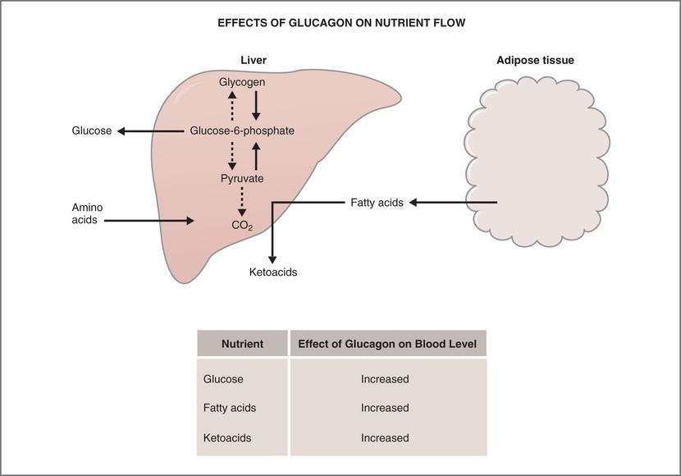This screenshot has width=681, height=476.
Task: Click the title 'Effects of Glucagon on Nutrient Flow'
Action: (341, 23)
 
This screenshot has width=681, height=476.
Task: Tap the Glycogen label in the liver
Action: (242, 82)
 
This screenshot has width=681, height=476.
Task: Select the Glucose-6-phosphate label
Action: (242, 130)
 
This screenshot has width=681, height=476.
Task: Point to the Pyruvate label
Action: (242, 178)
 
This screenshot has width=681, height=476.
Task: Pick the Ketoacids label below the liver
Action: (273, 272)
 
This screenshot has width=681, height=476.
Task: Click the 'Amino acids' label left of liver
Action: (88, 214)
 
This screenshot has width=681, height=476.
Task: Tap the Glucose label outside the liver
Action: (92, 130)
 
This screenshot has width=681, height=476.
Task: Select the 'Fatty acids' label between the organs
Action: (377, 203)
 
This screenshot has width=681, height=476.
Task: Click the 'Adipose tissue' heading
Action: (535, 61)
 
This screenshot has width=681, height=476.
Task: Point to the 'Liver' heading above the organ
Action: (254, 61)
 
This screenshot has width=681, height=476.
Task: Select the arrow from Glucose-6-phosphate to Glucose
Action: (152, 130)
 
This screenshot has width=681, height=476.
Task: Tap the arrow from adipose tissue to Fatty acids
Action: (453, 202)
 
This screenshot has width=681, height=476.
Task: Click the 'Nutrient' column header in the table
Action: (242, 344)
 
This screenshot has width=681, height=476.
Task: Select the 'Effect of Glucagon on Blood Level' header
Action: (387, 344)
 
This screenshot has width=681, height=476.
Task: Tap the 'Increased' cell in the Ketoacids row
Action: (385, 438)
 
